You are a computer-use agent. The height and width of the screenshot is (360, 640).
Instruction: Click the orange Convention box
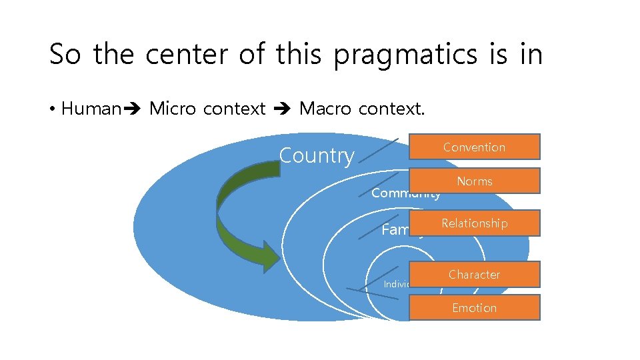coord(474,147)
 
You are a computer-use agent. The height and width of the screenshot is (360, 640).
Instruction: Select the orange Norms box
coord(474,181)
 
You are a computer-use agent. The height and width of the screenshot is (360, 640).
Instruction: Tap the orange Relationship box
coord(474,223)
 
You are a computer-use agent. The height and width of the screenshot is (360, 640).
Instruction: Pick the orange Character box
coord(474,274)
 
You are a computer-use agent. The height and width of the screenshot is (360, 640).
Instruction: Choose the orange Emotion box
coord(474,307)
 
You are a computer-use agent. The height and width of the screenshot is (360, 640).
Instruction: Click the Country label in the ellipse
coord(316,155)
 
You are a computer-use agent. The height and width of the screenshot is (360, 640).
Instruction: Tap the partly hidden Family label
coord(395,230)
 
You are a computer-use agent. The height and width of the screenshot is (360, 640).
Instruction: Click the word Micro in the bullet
coord(173,108)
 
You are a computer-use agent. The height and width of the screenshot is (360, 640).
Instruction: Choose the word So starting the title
coord(66,55)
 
